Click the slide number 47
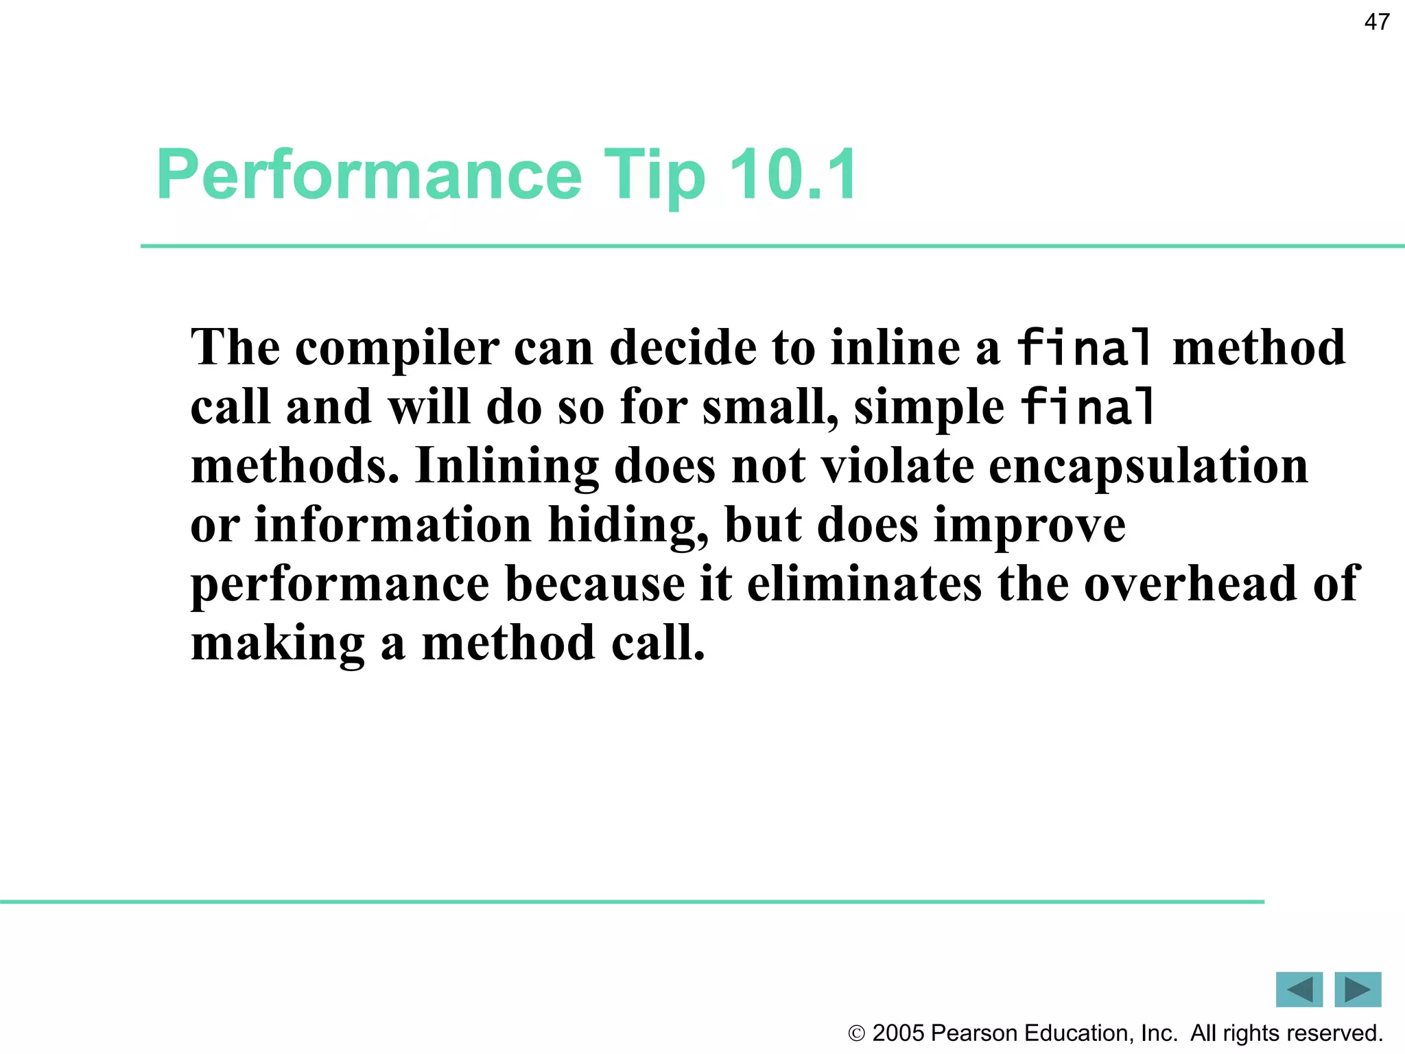click(x=1377, y=23)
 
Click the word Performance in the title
click(x=369, y=175)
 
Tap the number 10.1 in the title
click(x=792, y=175)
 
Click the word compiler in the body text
click(x=397, y=349)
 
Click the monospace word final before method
click(x=1084, y=347)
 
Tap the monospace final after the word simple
click(x=1087, y=406)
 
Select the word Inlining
click(x=506, y=467)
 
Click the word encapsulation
click(x=1148, y=467)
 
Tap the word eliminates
click(x=864, y=585)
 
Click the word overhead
click(x=1190, y=585)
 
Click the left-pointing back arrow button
click(x=1299, y=989)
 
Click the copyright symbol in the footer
click(x=856, y=1033)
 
